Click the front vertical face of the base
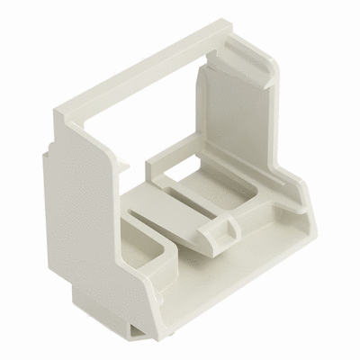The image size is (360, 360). (216, 297)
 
